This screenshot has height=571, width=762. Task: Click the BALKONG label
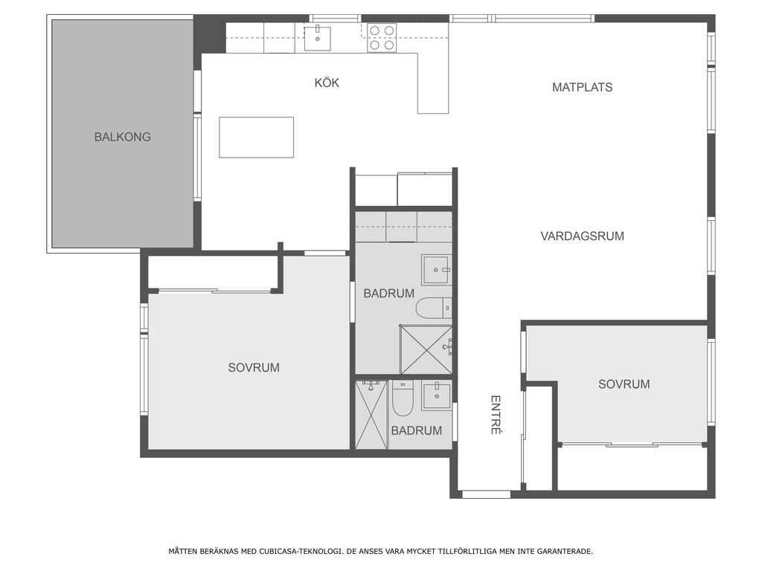[123, 137]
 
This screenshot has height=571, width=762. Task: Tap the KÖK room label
[327, 83]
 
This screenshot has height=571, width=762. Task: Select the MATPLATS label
[582, 88]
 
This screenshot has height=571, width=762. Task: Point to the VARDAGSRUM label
[582, 236]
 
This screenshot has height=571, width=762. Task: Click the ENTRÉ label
[495, 415]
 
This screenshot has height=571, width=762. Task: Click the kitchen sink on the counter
[317, 39]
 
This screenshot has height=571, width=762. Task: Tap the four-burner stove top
[382, 38]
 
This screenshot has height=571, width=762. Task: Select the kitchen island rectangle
[256, 138]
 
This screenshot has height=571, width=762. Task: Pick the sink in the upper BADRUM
[437, 269]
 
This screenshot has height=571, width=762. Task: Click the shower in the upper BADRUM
[426, 350]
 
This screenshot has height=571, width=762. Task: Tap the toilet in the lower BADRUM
[403, 399]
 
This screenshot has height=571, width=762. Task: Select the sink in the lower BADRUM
[436, 396]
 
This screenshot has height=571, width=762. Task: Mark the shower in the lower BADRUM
[371, 415]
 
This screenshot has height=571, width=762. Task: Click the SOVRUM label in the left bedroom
[254, 367]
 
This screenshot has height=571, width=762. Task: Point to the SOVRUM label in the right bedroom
[624, 384]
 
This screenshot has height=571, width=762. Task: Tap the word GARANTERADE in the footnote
[568, 551]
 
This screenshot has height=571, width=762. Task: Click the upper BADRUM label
[388, 293]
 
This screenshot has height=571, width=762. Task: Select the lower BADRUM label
[417, 430]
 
